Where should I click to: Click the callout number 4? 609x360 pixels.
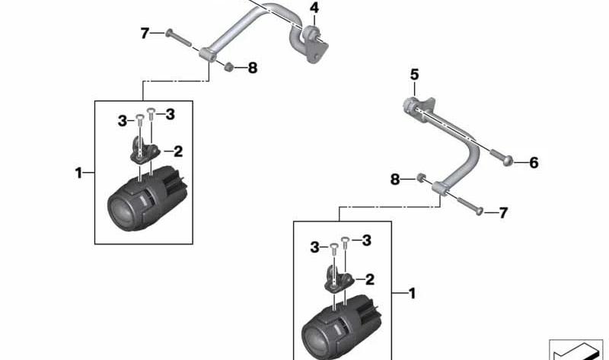(x=314, y=8)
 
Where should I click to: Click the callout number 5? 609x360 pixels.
(x=414, y=74)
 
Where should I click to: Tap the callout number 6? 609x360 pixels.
(x=534, y=163)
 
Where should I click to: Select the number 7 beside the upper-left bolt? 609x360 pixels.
(x=145, y=33)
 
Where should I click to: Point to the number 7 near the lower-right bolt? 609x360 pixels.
(x=503, y=213)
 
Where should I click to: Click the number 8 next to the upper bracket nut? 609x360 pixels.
(x=253, y=68)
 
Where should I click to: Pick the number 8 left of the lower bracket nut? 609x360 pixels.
(x=394, y=180)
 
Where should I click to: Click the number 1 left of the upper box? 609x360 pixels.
(x=79, y=173)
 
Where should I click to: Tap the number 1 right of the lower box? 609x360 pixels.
(x=412, y=293)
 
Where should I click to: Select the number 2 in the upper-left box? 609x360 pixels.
(x=178, y=151)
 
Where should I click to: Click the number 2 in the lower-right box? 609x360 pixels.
(x=369, y=279)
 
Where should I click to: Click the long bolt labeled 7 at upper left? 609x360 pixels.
(x=179, y=38)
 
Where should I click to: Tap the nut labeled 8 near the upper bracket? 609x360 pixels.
(x=229, y=67)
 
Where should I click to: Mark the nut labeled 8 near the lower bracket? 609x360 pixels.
(x=421, y=178)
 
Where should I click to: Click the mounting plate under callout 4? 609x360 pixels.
(x=315, y=46)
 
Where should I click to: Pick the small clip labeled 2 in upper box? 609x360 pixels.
(x=144, y=148)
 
